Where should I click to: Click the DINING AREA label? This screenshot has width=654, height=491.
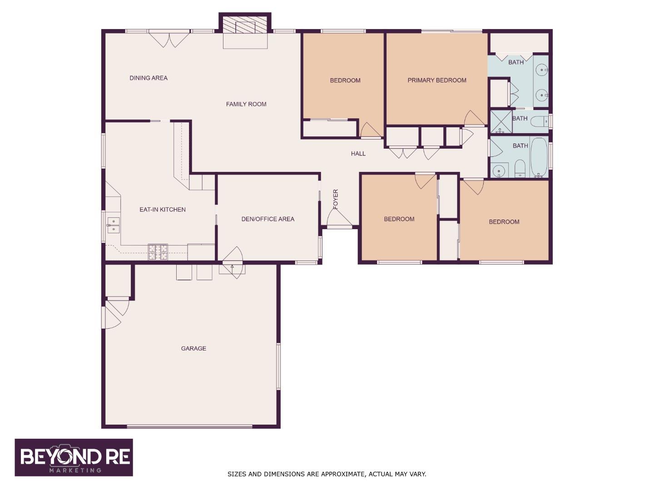coord(149,78)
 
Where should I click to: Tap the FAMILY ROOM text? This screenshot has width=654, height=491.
coord(246,104)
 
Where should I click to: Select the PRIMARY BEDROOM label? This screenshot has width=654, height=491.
coord(436,80)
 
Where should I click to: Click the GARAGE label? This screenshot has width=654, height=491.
coord(193,349)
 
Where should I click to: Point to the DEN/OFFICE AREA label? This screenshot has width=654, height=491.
coord(268,219)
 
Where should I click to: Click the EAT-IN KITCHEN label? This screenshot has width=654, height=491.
coord(162,210)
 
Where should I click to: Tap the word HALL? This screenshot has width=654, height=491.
coord(358,154)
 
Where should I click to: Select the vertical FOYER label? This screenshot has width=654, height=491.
coord(336,200)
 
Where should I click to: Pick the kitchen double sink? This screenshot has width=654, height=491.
coord(113,225)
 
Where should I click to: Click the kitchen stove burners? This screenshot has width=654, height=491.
coord(158,252)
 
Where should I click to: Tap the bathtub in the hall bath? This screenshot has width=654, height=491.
coord(539,157)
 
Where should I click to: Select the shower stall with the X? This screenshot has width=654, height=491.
coord(501,122)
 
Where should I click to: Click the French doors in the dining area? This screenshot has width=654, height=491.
coord(169,38)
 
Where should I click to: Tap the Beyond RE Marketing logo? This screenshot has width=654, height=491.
coord(74,457)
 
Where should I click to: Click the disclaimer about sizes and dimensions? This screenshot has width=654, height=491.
coord(327,474)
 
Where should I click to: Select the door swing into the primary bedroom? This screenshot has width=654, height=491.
coord(474,119)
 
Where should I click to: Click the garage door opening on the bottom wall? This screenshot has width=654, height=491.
coord(189,426)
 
